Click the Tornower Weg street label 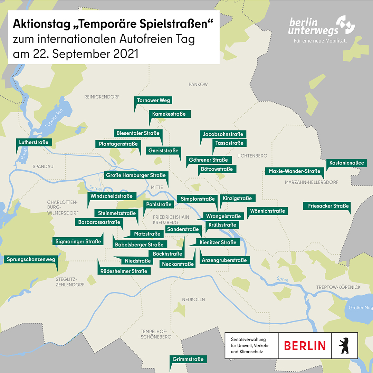click(x=153, y=101)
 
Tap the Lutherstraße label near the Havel click(x=34, y=142)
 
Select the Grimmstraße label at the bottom click(x=189, y=359)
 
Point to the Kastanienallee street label click(x=346, y=163)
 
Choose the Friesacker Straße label click(x=328, y=206)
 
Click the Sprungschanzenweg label click(x=31, y=259)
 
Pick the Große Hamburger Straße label click(x=136, y=175)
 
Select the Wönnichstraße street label click(x=267, y=211)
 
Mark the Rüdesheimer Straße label click(x=124, y=271)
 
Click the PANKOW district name click(x=198, y=84)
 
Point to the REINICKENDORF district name click(x=102, y=97)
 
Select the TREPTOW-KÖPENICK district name click(x=338, y=287)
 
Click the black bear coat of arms click(x=343, y=345)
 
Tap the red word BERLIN click(x=305, y=345)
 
